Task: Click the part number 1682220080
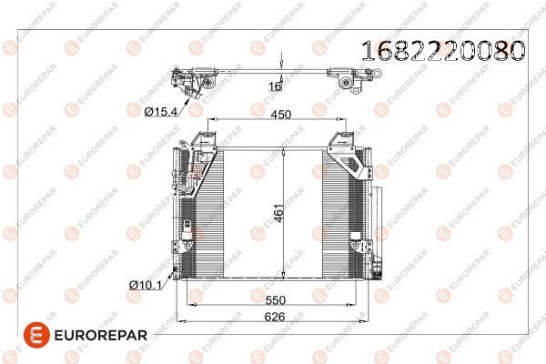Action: (x=443, y=51)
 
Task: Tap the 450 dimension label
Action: (x=280, y=115)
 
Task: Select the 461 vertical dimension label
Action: (x=279, y=213)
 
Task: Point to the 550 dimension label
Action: (x=275, y=300)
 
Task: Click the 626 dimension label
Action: (x=275, y=317)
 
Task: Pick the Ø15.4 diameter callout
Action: (x=161, y=111)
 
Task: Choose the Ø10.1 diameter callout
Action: (x=146, y=285)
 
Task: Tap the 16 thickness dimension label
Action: (x=275, y=86)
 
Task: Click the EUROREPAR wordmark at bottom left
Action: (x=101, y=336)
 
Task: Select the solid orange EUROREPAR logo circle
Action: (x=36, y=335)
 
